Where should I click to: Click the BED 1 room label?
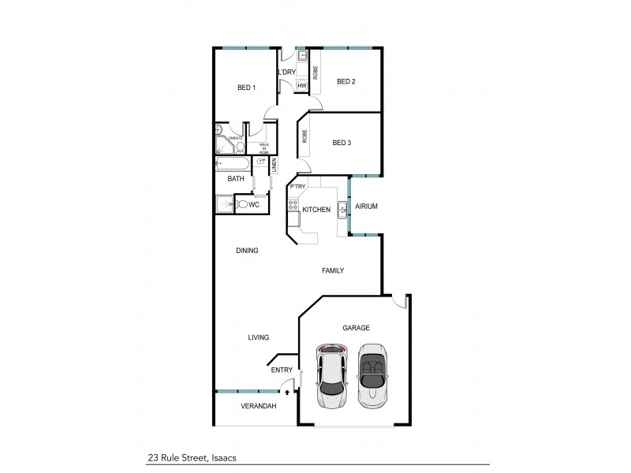click(247, 88)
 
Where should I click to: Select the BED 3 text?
click(342, 143)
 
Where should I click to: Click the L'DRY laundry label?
click(286, 73)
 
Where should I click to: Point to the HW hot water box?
click(301, 84)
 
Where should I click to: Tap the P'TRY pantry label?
click(297, 187)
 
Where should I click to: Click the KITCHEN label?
click(316, 210)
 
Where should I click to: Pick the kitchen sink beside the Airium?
click(342, 210)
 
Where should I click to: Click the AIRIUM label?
click(367, 206)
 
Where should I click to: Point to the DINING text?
click(247, 251)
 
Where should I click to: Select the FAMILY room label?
click(333, 270)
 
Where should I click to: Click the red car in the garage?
click(333, 376)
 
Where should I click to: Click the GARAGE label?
click(356, 327)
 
